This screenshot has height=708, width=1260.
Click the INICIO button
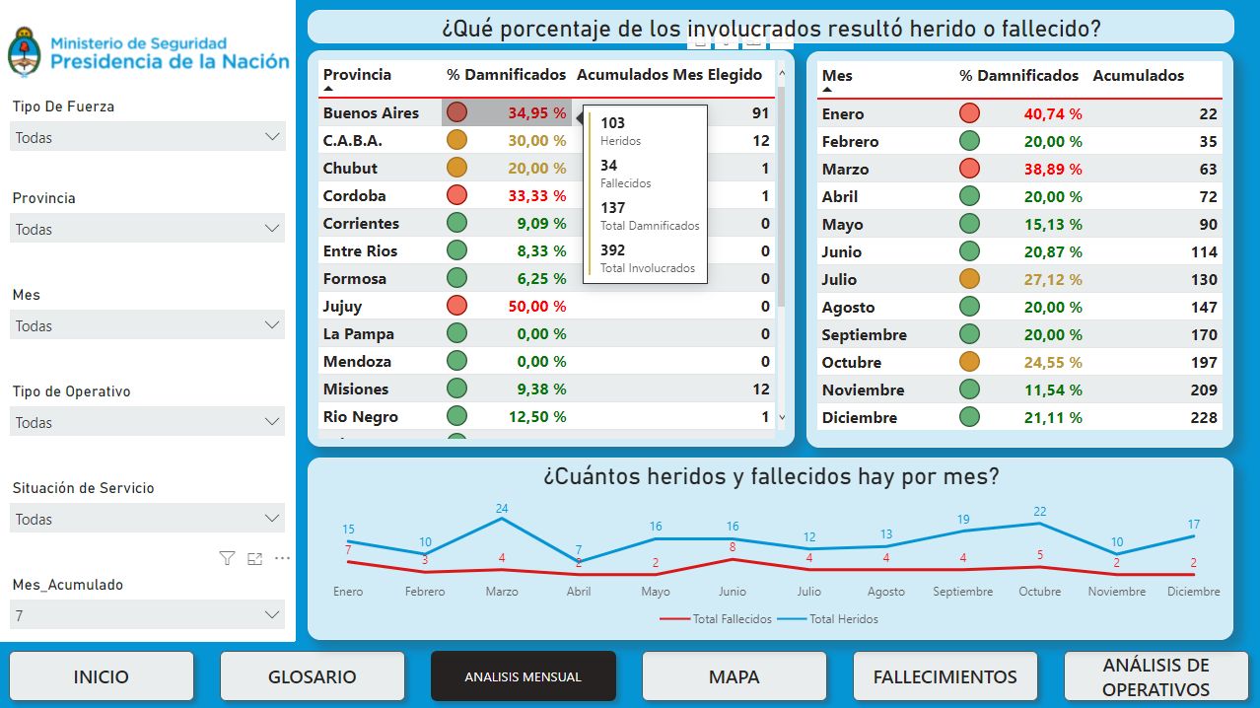(101, 676)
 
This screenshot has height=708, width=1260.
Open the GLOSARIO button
(312, 676)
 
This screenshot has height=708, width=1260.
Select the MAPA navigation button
(734, 676)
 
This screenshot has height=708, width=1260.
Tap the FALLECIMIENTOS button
(945, 676)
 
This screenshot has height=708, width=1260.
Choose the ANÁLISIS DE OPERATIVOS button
(1155, 676)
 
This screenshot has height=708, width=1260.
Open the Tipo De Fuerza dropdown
(148, 137)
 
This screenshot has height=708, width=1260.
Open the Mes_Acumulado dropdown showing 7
(148, 615)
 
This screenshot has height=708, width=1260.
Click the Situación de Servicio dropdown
(148, 519)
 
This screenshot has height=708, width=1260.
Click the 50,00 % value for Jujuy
(536, 307)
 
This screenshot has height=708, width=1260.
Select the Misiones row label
(356, 389)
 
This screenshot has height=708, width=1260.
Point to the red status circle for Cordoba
(456, 195)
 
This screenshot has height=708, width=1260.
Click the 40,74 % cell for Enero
(1052, 114)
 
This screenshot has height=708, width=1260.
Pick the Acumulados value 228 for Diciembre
(1203, 417)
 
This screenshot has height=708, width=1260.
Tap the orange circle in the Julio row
(969, 279)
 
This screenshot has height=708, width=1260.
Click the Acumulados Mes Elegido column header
(668, 75)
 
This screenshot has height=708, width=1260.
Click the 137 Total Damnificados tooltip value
(613, 208)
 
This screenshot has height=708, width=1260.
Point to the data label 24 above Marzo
(502, 510)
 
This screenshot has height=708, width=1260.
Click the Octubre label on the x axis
(1039, 592)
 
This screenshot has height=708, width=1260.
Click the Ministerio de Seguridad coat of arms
(23, 52)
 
